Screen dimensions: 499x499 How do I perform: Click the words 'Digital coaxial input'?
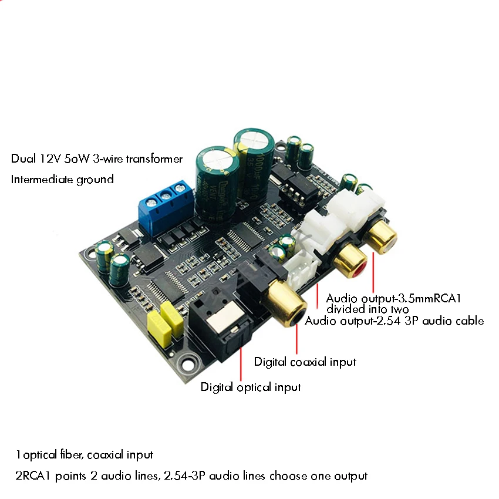pos(305,362)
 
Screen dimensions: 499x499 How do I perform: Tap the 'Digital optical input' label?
pos(251,387)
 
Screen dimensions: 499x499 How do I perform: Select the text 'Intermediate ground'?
pos(62,180)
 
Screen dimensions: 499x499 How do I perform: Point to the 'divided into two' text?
pos(367,309)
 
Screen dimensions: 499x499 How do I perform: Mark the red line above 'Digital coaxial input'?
pos(297,338)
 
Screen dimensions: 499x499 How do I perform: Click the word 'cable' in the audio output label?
pos(468,321)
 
